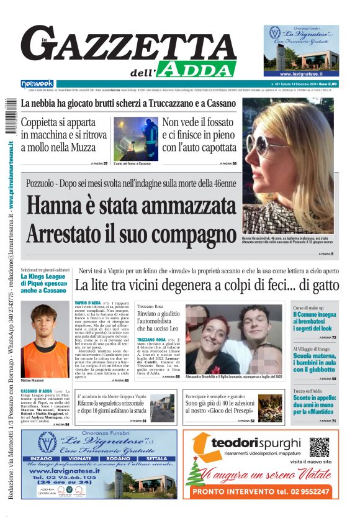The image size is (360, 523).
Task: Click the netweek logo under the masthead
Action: (x=37, y=83)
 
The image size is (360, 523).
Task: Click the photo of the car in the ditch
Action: (x=135, y=138)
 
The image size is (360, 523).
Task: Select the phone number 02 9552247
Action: (x=305, y=491)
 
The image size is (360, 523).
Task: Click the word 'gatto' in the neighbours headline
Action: (x=322, y=286)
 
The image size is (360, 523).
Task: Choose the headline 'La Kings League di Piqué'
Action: (x=45, y=283)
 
